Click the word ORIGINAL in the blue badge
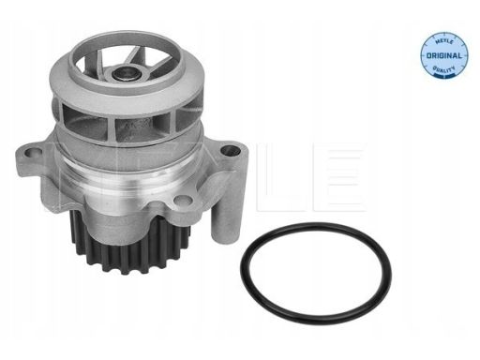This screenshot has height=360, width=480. point(443,56)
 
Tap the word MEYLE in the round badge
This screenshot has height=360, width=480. point(444,40)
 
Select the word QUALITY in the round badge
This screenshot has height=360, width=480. point(443,69)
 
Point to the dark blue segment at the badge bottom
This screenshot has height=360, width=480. point(443,75)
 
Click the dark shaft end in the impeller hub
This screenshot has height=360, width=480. point(125,74)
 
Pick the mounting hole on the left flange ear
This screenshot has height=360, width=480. point(33,153)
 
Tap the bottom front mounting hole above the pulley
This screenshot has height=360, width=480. point(182,200)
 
